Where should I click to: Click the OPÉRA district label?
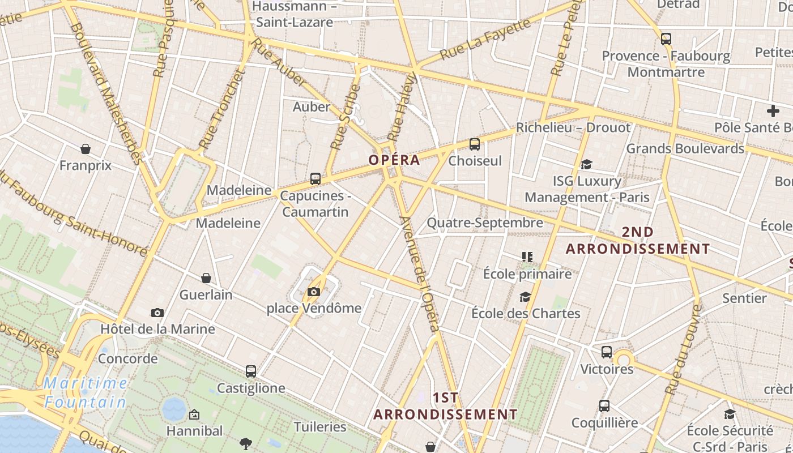394,160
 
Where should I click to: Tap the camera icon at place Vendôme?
314,292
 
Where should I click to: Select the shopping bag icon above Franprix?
86,149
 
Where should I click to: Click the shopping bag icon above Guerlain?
206,278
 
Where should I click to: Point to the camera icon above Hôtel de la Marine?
157,313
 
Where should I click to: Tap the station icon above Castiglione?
251,371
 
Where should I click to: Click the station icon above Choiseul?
475,144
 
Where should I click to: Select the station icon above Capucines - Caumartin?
316,179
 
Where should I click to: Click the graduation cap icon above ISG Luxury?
586,164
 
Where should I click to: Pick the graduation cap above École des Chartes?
526,297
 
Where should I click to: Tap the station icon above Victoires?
607,352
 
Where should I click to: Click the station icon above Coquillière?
604,406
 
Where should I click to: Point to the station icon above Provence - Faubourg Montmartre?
666,39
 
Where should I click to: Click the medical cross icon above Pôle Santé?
773,111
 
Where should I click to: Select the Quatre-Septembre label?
485,223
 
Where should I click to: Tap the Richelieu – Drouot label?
573,127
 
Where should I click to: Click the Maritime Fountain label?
86,392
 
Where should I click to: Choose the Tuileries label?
320,426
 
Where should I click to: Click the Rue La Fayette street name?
485,39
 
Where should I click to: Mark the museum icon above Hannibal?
194,414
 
